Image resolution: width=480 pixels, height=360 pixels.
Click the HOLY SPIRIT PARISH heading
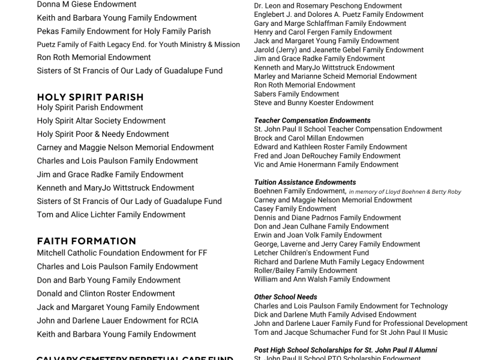coord(90,97)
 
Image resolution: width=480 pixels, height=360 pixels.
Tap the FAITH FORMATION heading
coord(86,241)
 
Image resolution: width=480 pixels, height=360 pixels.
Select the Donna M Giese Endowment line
coord(87,4)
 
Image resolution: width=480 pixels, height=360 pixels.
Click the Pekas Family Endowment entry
coord(124,31)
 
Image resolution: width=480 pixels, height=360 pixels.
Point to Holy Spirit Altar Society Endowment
coord(101,121)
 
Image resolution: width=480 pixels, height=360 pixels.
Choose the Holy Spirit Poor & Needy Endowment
coord(103,134)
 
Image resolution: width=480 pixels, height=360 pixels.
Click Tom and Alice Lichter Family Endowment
coord(111,214)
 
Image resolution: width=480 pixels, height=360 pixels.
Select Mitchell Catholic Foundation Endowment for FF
coord(122,253)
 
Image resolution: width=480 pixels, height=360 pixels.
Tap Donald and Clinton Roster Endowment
coord(106,293)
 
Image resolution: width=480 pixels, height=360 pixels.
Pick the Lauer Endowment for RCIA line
coord(117,320)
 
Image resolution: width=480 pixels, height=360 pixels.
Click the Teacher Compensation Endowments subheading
coord(312,120)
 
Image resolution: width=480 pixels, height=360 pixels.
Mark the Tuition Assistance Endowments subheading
coord(305,182)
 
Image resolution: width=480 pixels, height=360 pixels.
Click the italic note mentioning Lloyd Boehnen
coord(405,192)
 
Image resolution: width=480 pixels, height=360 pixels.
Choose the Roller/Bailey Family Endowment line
coord(305,271)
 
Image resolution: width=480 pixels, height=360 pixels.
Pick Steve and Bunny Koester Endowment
coord(313,103)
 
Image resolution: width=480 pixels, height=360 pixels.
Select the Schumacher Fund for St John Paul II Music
coord(350,332)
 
